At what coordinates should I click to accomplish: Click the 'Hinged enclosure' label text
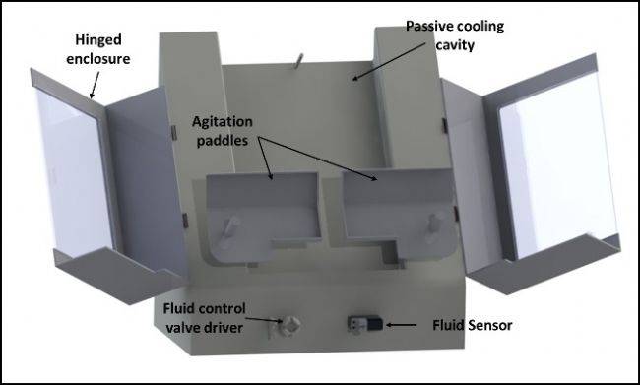click(97, 49)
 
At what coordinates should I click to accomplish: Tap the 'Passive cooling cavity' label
click(455, 35)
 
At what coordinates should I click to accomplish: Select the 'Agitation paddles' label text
click(223, 131)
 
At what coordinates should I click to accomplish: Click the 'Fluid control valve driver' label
click(205, 318)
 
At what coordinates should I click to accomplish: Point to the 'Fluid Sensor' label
click(473, 325)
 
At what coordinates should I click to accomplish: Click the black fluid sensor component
click(365, 325)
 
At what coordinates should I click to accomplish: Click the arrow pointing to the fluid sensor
click(401, 325)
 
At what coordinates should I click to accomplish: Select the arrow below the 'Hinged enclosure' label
click(95, 85)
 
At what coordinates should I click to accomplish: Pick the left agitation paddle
click(263, 217)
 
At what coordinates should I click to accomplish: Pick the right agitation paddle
click(399, 215)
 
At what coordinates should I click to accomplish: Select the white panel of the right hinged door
click(558, 165)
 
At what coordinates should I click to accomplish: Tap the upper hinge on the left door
click(173, 132)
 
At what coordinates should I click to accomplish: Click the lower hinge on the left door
click(185, 221)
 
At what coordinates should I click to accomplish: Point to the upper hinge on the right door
click(444, 125)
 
